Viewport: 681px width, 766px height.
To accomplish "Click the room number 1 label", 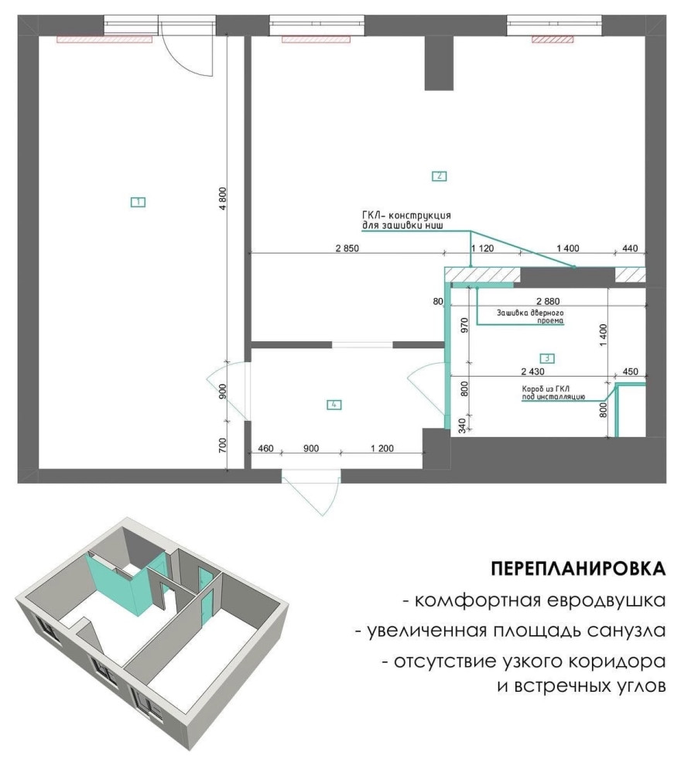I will (139, 202).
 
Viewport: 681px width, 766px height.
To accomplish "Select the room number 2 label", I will (439, 176).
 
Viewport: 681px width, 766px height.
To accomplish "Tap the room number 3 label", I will (547, 358).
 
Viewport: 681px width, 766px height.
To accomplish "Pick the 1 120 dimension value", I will (483, 248).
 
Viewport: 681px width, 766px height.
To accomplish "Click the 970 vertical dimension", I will (465, 326).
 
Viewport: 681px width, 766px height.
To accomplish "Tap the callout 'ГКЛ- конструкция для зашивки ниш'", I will (406, 221).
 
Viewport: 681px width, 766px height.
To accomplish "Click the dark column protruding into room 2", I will (439, 63).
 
